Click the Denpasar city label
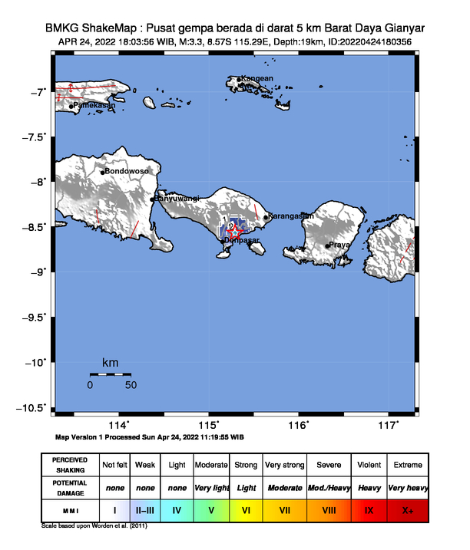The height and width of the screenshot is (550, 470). pos(243,241)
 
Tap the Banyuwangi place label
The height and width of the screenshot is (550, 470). pos(178,199)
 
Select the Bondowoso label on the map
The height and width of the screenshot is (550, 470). pos(126,171)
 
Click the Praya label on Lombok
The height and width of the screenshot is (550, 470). pos(339,245)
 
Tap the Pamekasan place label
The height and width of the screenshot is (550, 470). pos(94,105)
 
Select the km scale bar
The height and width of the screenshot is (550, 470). pos(111,374)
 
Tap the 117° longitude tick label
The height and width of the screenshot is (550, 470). pos(389,425)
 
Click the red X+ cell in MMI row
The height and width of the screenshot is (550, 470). pos(407,509)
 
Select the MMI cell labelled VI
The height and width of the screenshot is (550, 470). pos(246,509)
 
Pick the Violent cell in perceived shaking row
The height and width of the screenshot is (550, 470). pos(369,465)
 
